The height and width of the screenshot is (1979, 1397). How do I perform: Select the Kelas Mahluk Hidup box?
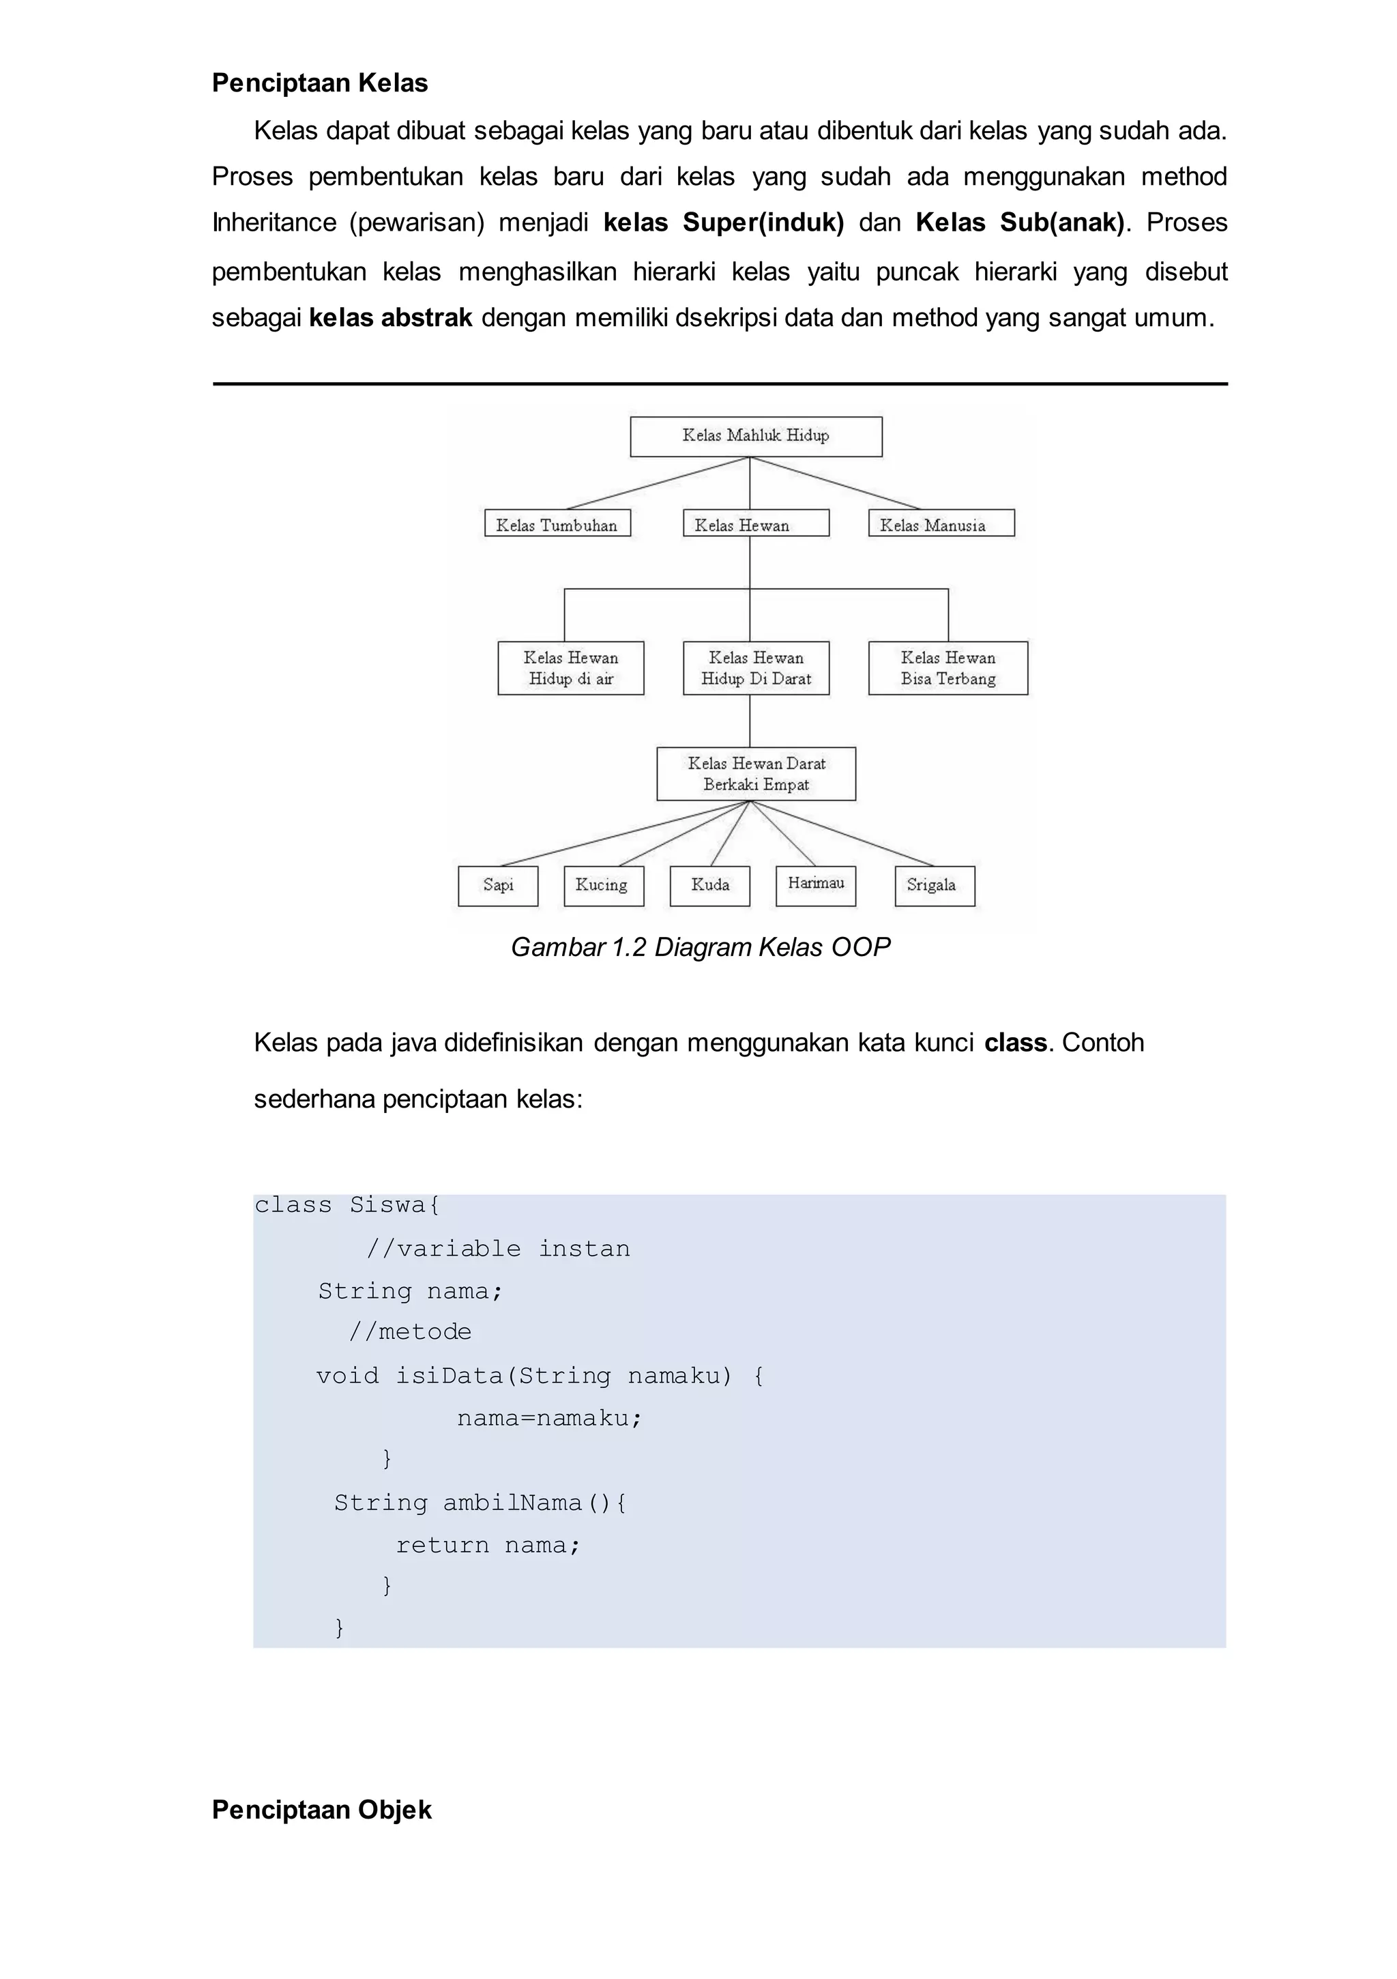coord(756,436)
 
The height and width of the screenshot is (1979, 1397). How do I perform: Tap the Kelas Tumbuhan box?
coord(557,524)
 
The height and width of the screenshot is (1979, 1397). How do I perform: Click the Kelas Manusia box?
coord(941,524)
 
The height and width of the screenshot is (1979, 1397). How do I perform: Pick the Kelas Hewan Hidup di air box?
coord(570,668)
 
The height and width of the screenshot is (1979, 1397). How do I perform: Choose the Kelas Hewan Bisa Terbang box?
coord(948,668)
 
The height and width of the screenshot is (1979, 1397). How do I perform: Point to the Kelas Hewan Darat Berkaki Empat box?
coord(756,774)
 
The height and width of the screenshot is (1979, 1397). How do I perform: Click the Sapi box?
coord(498,885)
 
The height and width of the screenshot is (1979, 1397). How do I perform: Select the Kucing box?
coord(603,885)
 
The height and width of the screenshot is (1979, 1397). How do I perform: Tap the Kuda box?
coord(710,885)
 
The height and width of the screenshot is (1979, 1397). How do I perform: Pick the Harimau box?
coord(815,884)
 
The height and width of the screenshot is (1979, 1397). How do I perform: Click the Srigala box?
coord(935,885)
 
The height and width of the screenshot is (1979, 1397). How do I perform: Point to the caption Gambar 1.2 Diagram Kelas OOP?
coord(700,947)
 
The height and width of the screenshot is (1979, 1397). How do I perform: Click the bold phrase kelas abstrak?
coord(390,318)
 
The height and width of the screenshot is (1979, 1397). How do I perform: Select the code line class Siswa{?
coord(347,1205)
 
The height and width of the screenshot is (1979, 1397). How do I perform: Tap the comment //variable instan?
coord(498,1248)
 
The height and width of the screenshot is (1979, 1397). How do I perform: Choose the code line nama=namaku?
coord(550,1418)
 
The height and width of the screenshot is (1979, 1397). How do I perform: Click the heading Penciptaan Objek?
coord(321,1810)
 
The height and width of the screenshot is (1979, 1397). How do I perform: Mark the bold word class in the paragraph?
coord(1015,1043)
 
